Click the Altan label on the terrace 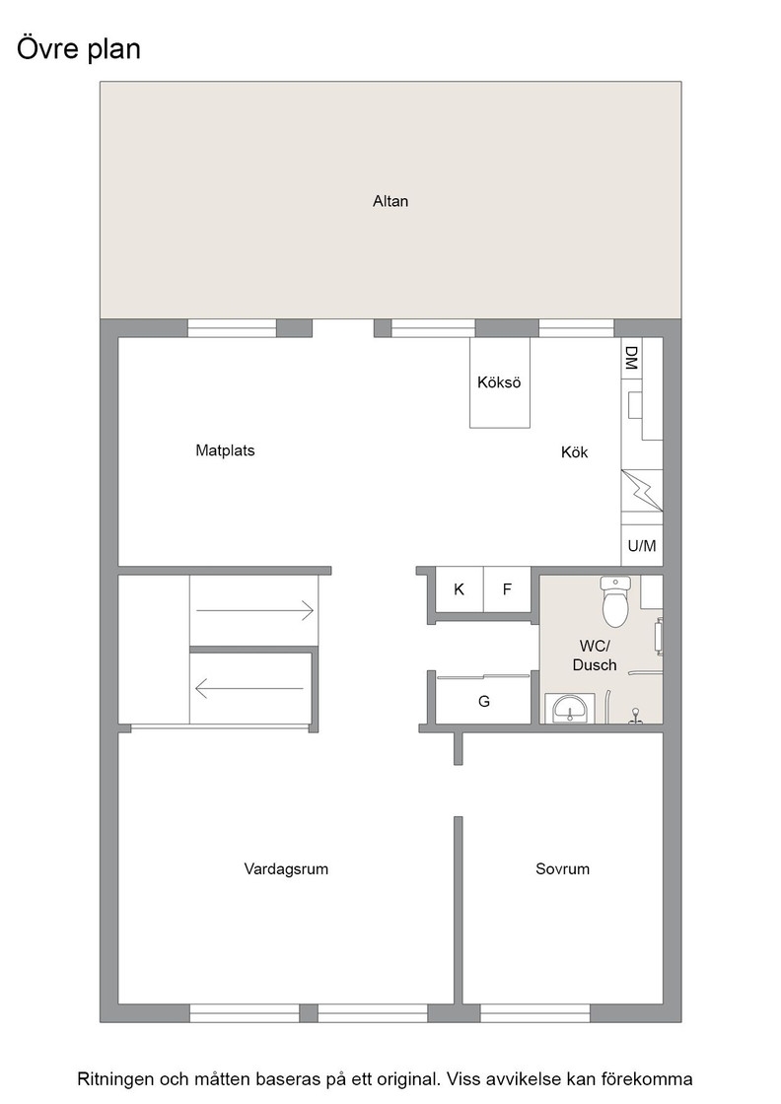point(390,201)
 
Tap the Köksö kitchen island point(500,382)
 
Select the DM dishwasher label point(631,358)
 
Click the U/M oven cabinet point(642,545)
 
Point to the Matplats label point(226,450)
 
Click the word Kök point(575,452)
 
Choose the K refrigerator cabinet point(460,589)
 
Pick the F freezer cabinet point(507,589)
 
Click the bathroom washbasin point(570,709)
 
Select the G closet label point(484,701)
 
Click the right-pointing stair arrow point(255,610)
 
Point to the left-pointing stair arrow point(249,688)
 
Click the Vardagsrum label point(286,868)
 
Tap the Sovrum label point(563,868)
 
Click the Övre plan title point(79,49)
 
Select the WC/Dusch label point(595,655)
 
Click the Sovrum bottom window point(535,1013)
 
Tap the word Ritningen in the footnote point(115,1079)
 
